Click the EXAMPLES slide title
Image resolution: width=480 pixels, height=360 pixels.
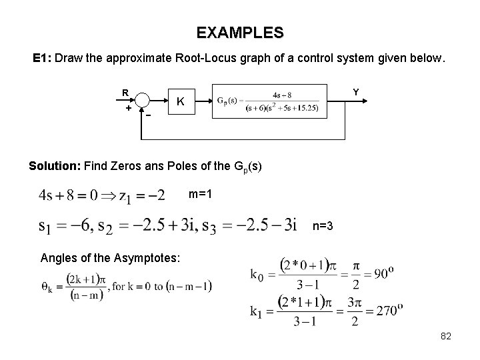click(240, 32)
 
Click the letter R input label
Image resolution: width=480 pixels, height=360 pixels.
click(125, 93)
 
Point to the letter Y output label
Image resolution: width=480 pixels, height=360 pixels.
click(355, 92)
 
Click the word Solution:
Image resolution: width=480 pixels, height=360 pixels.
click(55, 165)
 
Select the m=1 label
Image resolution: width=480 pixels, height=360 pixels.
click(201, 194)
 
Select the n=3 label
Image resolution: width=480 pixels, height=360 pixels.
click(323, 227)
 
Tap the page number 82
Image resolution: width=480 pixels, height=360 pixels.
click(446, 337)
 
